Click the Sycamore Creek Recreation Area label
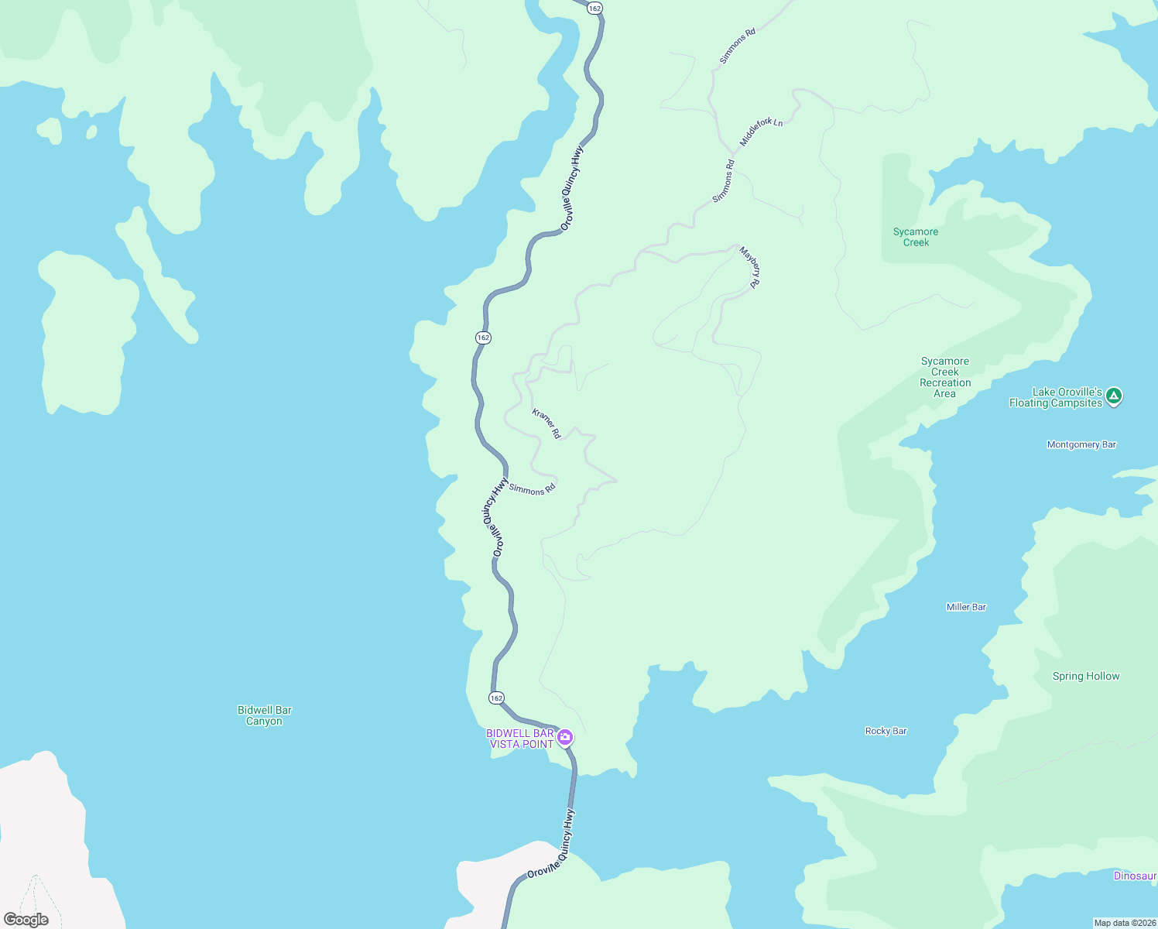pos(945,377)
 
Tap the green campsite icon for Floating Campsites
pos(1113,396)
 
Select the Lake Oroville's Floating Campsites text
pos(1056,397)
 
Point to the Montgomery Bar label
pos(1081,444)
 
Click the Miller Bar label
pos(966,607)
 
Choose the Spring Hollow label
pos(1085,676)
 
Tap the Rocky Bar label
pos(886,731)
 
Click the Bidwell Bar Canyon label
pos(265,715)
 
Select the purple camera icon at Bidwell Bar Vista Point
pos(565,737)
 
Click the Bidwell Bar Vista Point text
pos(521,739)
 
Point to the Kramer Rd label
pos(546,423)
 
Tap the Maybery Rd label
pos(750,267)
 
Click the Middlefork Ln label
pos(761,132)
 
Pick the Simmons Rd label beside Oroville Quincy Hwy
pos(532,489)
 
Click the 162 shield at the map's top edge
pos(594,8)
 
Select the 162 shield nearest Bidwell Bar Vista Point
pos(496,698)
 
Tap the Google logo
pos(26,920)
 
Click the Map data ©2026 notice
pos(1124,923)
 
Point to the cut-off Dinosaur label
pos(1135,876)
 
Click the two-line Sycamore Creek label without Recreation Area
pos(915,237)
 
